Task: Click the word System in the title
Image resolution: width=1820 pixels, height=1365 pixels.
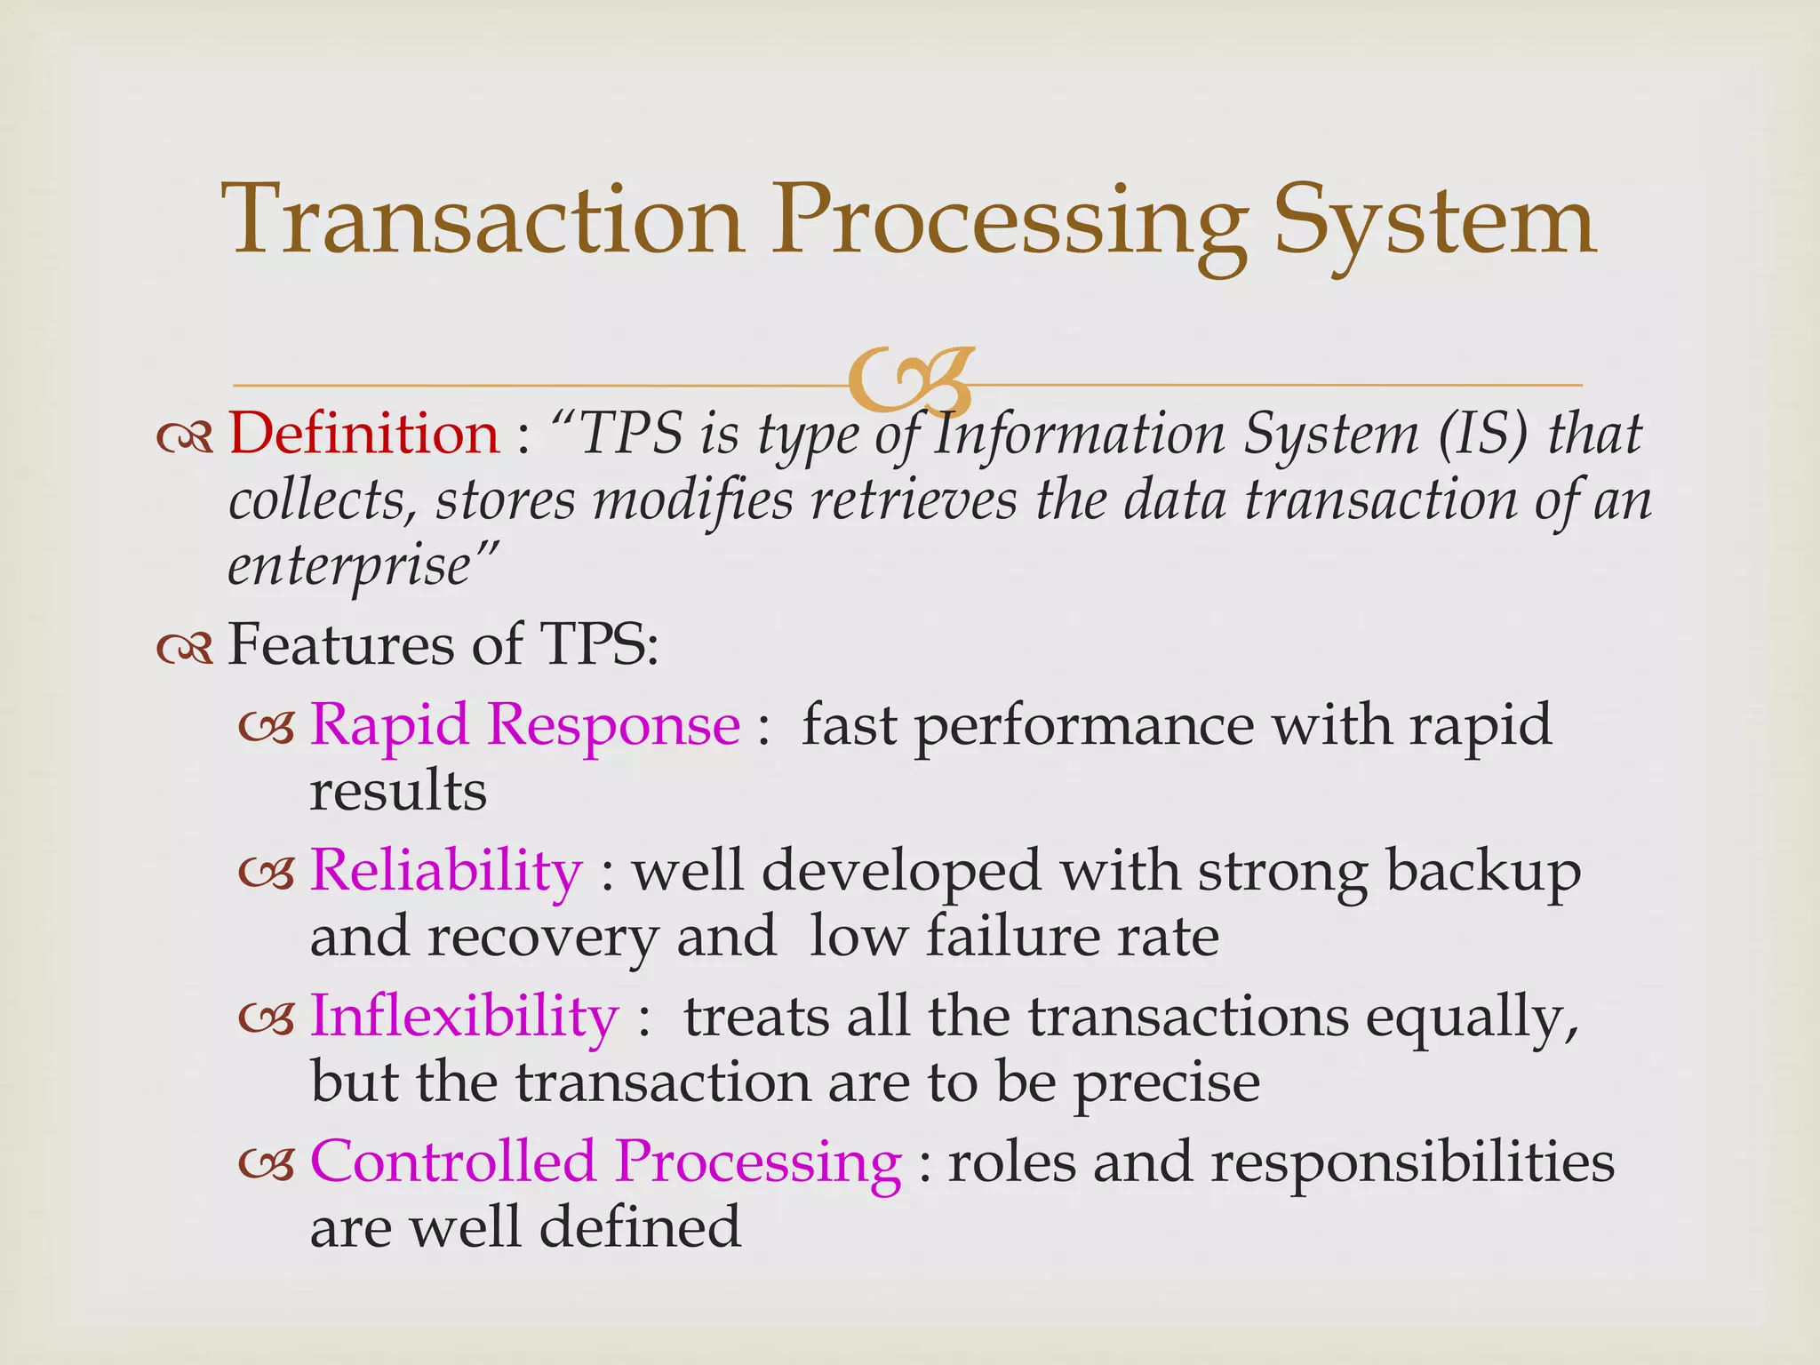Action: click(1433, 222)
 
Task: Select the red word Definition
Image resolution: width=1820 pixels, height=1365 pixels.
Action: click(364, 435)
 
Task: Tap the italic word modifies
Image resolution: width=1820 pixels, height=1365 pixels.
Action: click(692, 499)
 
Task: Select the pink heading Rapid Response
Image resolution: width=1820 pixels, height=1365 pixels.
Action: click(524, 724)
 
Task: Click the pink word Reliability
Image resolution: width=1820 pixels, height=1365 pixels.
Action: click(445, 870)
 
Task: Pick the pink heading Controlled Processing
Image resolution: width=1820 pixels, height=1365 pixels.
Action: click(605, 1161)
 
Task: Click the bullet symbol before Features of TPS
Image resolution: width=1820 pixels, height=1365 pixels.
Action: click(185, 649)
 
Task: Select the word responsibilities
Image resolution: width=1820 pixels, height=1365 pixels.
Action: click(1412, 1161)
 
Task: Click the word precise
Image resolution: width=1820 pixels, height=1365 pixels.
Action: click(1166, 1083)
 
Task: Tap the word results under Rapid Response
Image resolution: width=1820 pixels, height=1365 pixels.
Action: click(398, 790)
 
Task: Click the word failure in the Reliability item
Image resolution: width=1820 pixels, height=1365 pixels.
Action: click(1012, 937)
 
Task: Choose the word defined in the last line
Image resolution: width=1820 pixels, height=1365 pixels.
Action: click(639, 1227)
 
